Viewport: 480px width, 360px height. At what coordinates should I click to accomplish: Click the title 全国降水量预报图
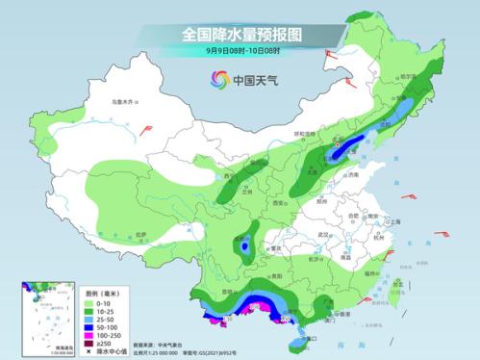click(240, 35)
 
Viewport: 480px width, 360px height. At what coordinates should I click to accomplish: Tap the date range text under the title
click(240, 51)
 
